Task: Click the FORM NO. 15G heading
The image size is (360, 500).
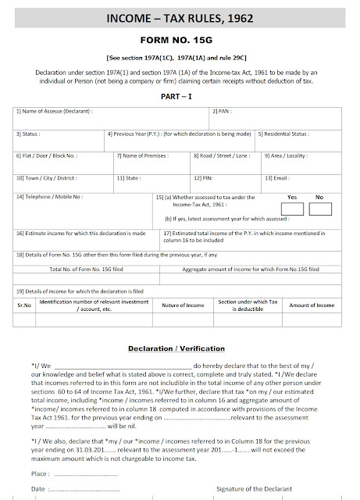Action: click(180, 38)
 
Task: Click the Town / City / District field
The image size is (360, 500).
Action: click(47, 178)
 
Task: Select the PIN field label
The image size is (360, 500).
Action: click(204, 178)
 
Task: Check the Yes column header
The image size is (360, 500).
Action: click(294, 198)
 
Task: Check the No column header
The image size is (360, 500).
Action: click(319, 198)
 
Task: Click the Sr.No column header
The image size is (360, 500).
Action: click(23, 305)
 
